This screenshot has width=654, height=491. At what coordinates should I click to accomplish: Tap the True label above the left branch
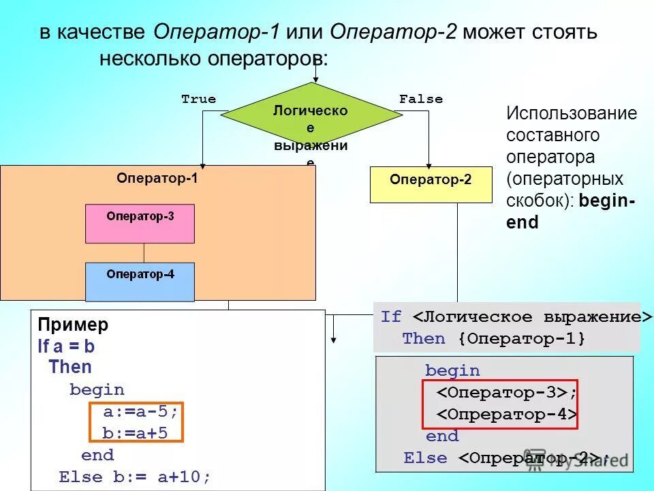point(198,100)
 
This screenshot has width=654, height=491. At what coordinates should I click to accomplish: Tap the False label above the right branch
point(421,100)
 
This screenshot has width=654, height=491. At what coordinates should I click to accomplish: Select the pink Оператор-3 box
point(140,224)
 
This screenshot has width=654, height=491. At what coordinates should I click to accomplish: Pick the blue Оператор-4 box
point(140,281)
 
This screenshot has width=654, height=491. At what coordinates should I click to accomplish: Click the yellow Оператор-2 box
point(431,184)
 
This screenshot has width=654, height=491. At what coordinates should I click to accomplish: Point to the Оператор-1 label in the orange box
point(157,179)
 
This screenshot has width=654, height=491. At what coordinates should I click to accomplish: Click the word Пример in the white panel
point(73,325)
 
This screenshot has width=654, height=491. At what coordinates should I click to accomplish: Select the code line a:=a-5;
point(140,412)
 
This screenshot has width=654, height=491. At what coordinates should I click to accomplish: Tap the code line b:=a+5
point(135,433)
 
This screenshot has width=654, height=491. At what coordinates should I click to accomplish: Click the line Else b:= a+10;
point(135,477)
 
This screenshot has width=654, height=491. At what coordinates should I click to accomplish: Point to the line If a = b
point(66,346)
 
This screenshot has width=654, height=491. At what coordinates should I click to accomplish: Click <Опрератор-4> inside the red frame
point(507,415)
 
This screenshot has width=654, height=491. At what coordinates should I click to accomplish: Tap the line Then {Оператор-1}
point(493,339)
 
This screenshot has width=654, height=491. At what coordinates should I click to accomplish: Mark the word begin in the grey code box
point(452,371)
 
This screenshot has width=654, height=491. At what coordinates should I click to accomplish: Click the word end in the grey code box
point(442,436)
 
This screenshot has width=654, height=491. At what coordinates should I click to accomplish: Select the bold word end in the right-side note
point(523,223)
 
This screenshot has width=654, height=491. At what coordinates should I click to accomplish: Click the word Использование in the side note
point(571,113)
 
